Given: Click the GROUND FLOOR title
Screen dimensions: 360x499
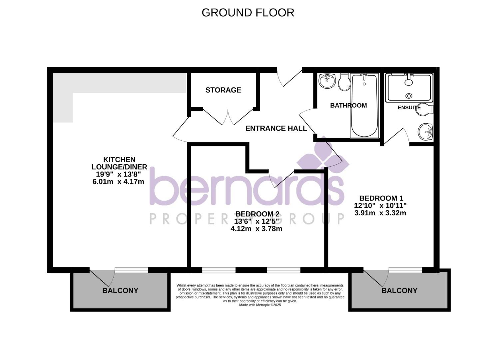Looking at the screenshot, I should pyautogui.click(x=248, y=13).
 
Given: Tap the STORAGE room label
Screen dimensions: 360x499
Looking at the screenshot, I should pyautogui.click(x=223, y=90).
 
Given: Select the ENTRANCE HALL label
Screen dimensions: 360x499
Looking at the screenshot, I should pyautogui.click(x=276, y=128).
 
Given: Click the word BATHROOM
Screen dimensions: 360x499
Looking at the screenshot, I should pyautogui.click(x=348, y=105).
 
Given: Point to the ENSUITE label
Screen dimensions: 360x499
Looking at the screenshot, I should pyautogui.click(x=409, y=108).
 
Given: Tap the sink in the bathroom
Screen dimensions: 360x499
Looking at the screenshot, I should pyautogui.click(x=327, y=80).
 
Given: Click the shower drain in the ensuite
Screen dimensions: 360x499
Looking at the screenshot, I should pyautogui.click(x=409, y=96).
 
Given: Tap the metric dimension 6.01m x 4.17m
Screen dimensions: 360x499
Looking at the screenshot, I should pyautogui.click(x=118, y=182).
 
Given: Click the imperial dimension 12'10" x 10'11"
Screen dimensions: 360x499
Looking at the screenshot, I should pyautogui.click(x=380, y=206).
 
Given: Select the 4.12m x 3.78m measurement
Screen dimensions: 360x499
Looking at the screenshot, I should pyautogui.click(x=256, y=229).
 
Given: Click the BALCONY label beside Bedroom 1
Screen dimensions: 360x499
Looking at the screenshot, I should pyautogui.click(x=399, y=291).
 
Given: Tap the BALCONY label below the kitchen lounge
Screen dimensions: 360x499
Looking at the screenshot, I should pyautogui.click(x=120, y=291).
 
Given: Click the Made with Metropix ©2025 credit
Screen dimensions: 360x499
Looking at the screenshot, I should pyautogui.click(x=260, y=305).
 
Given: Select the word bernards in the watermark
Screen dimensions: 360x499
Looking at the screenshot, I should pyautogui.click(x=247, y=188).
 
